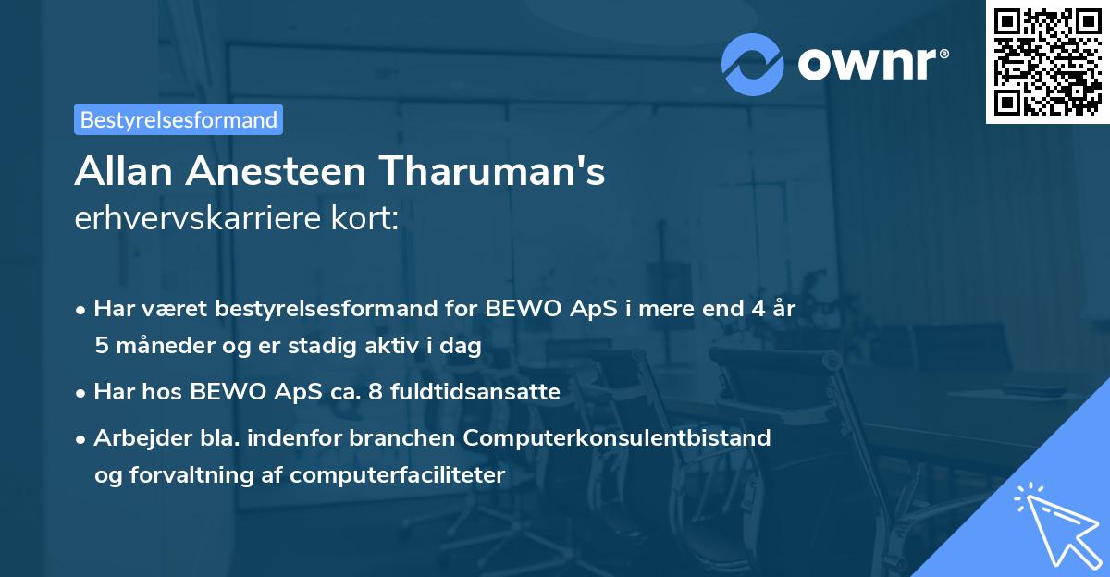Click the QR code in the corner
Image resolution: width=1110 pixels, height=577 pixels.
tap(1047, 62)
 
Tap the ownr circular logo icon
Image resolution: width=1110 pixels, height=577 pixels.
tap(753, 64)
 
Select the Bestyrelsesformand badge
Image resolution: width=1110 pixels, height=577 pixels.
tap(179, 119)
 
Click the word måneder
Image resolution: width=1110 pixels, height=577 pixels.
tap(158, 346)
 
